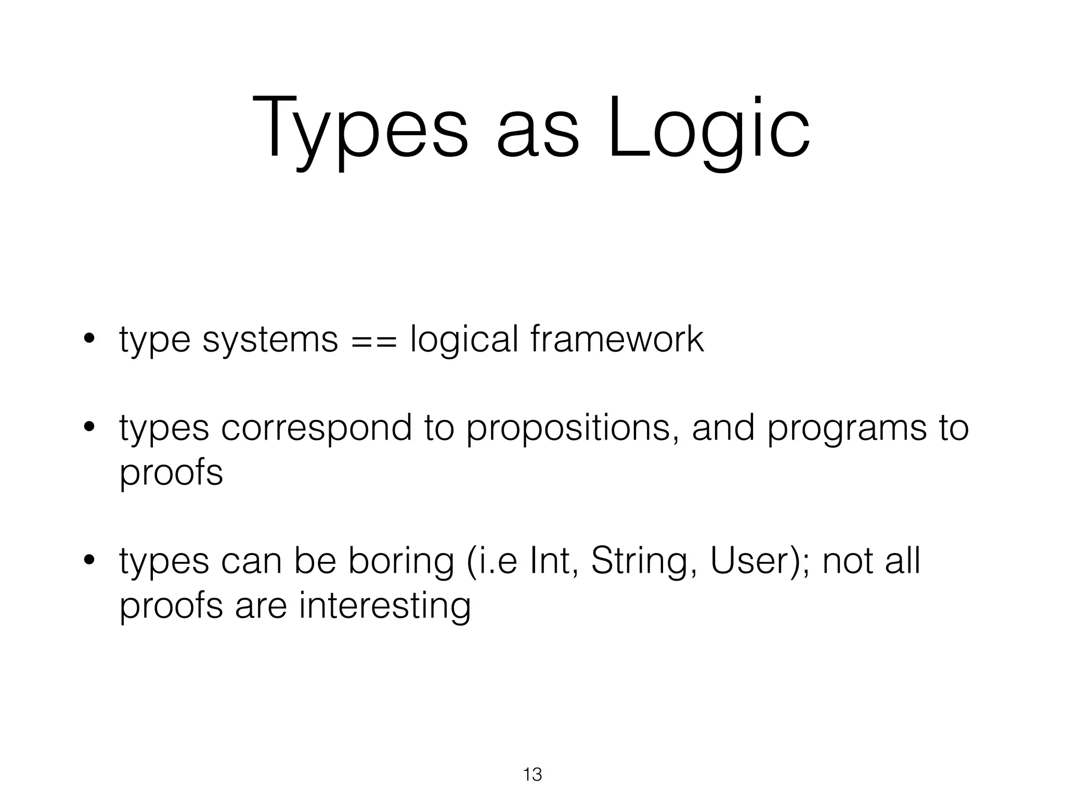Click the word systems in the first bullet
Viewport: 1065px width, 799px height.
tap(270, 341)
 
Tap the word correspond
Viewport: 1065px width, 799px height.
tap(316, 430)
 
